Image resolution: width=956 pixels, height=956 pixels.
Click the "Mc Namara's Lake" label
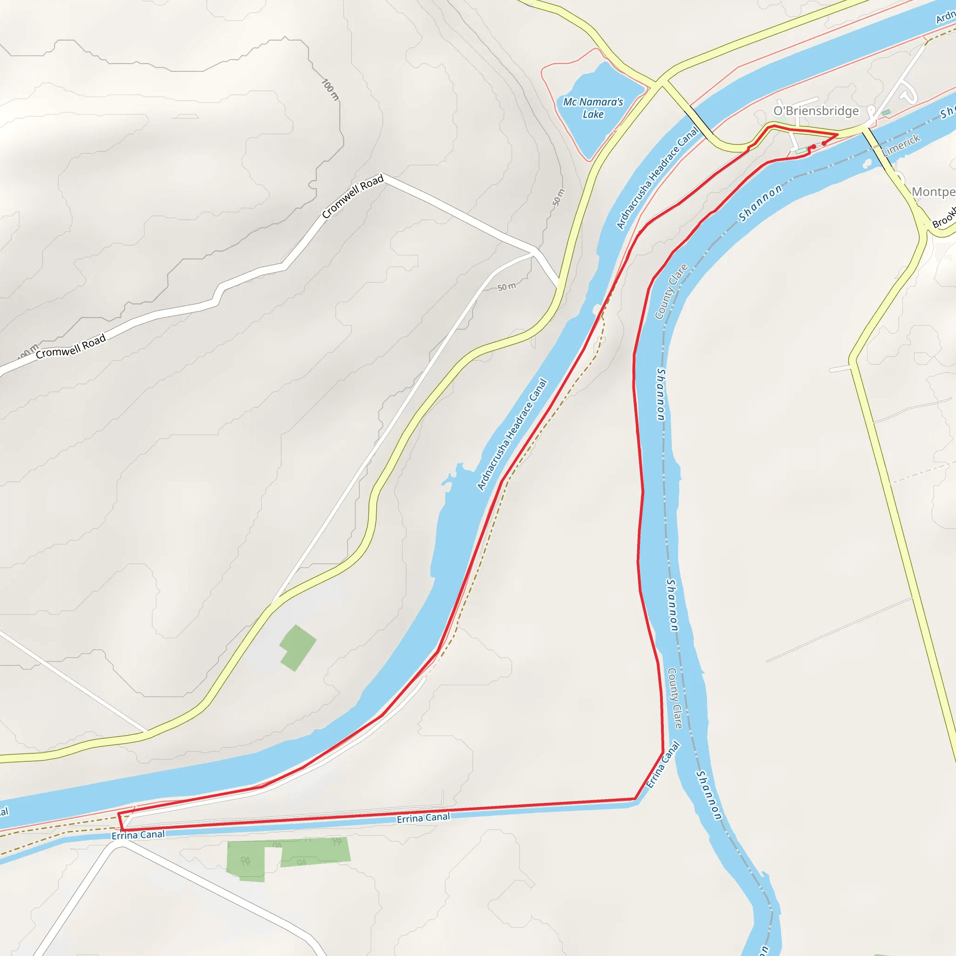coord(593,108)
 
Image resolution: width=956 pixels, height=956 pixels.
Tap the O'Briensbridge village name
coord(816,111)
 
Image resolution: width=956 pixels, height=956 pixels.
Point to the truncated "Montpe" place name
coord(933,191)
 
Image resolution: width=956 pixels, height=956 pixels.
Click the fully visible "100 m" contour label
coord(330,89)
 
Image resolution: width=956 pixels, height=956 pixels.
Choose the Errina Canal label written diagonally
coord(662,765)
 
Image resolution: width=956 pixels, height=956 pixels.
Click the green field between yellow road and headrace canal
coord(297,647)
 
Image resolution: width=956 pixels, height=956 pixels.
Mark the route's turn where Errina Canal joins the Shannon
coord(662,752)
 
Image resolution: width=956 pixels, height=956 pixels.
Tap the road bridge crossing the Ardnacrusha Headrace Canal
coord(699,119)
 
